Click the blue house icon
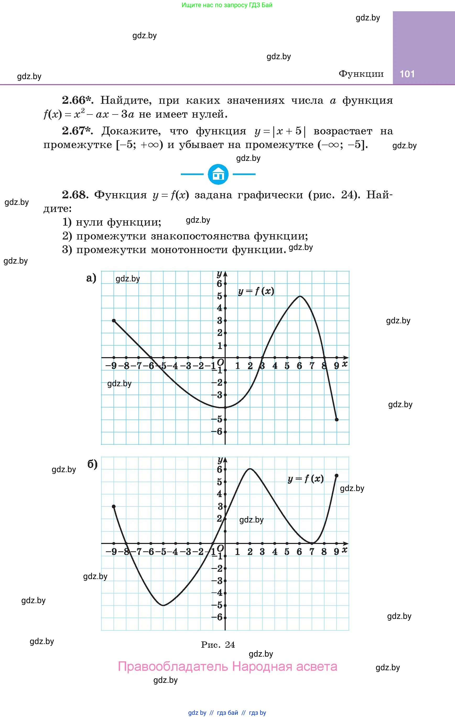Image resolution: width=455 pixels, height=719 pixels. click(218, 174)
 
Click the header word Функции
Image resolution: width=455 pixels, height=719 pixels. click(361, 74)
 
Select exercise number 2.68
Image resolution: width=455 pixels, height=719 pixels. click(75, 195)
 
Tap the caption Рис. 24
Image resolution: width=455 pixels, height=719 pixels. click(218, 645)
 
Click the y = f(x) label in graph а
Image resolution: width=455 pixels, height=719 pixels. click(256, 291)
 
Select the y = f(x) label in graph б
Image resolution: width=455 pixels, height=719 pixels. click(305, 479)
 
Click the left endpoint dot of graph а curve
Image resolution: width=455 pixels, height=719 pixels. click(114, 320)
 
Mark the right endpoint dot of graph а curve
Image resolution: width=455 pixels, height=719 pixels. click(337, 420)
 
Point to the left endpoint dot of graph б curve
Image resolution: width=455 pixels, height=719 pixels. click(114, 506)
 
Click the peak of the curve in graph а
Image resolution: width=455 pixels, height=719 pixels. click(300, 296)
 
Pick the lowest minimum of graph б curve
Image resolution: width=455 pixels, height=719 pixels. click(163, 605)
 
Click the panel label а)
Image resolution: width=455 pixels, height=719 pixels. click(91, 278)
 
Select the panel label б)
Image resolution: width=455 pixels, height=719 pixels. click(92, 464)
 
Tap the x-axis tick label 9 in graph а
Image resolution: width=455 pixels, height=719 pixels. click(336, 366)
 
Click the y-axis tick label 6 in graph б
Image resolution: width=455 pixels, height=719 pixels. click(220, 469)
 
